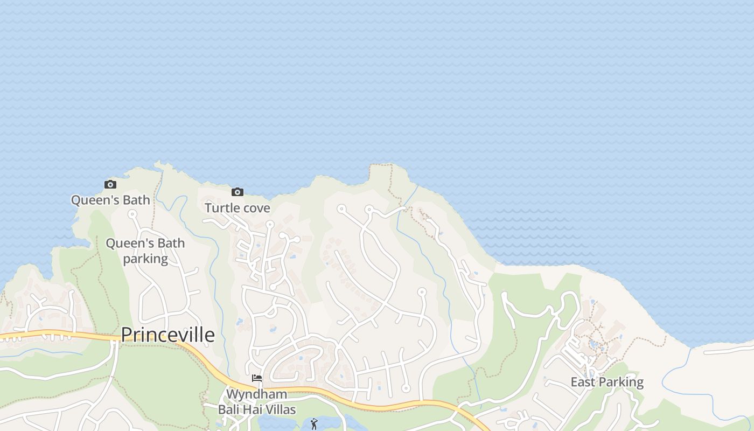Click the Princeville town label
click(x=167, y=335)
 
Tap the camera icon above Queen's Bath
click(x=110, y=185)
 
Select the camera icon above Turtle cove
click(x=237, y=192)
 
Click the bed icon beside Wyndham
click(x=257, y=378)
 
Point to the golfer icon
click(x=314, y=424)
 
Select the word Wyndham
click(x=256, y=394)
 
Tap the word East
click(x=583, y=383)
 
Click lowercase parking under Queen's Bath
click(x=145, y=259)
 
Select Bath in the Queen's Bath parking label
click(x=171, y=243)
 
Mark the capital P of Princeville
click(x=127, y=335)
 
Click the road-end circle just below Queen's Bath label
click(x=132, y=214)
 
